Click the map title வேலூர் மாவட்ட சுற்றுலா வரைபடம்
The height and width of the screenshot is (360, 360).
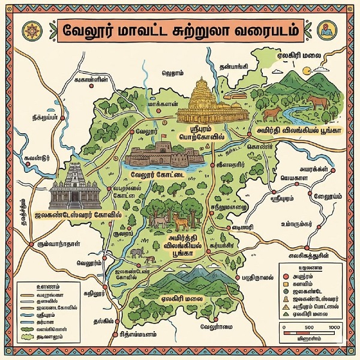click(x=179, y=28)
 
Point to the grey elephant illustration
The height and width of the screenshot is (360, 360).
click(x=139, y=253)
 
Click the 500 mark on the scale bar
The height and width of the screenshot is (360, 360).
click(x=310, y=326)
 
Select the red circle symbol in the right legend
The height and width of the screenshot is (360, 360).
click(x=287, y=275)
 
